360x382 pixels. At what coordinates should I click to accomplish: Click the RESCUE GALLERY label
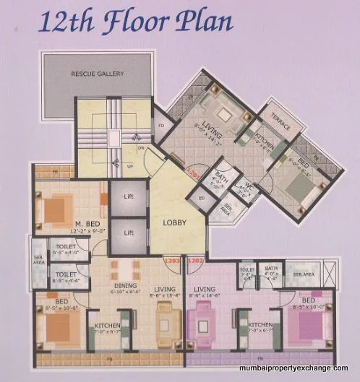coord(98,73)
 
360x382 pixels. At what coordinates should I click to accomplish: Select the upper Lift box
coord(127,196)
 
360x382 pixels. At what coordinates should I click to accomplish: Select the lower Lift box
coord(127,233)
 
